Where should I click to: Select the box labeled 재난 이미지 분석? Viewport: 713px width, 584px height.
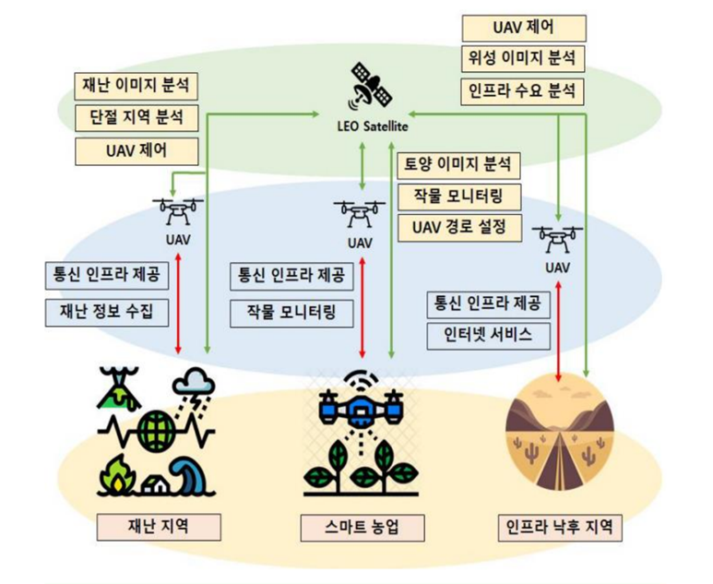point(138,87)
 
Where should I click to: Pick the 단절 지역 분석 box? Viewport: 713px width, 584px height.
point(138,118)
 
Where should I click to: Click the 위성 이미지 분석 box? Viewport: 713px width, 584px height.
point(523,59)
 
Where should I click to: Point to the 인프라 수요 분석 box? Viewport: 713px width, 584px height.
point(523,90)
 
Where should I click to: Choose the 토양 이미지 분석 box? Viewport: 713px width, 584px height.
point(459,165)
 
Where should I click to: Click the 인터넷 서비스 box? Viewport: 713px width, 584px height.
point(488,336)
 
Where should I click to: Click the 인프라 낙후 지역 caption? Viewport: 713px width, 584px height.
point(559,528)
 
